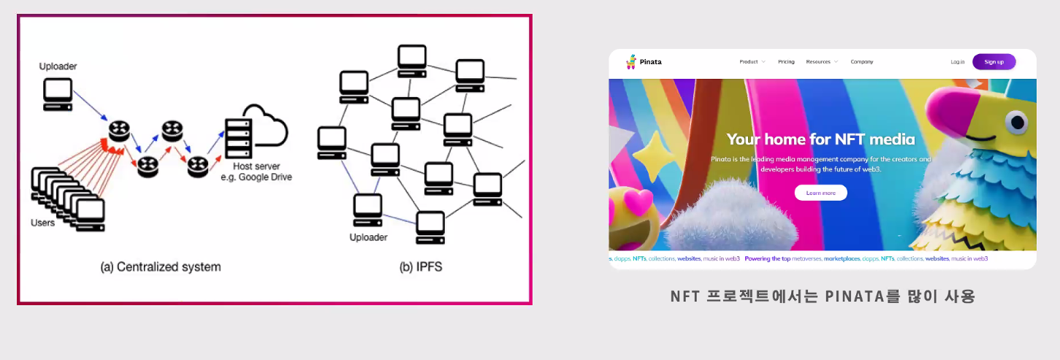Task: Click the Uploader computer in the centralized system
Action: point(58,94)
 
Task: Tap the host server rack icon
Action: point(238,138)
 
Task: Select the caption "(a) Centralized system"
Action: point(160,267)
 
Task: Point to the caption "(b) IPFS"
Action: point(420,267)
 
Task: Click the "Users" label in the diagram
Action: point(42,222)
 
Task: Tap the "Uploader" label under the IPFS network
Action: point(368,237)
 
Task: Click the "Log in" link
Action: point(958,62)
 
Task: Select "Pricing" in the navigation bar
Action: point(786,62)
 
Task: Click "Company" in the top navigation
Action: point(862,62)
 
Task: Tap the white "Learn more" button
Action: point(820,193)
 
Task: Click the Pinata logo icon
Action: point(631,62)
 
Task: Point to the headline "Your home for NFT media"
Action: point(820,139)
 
